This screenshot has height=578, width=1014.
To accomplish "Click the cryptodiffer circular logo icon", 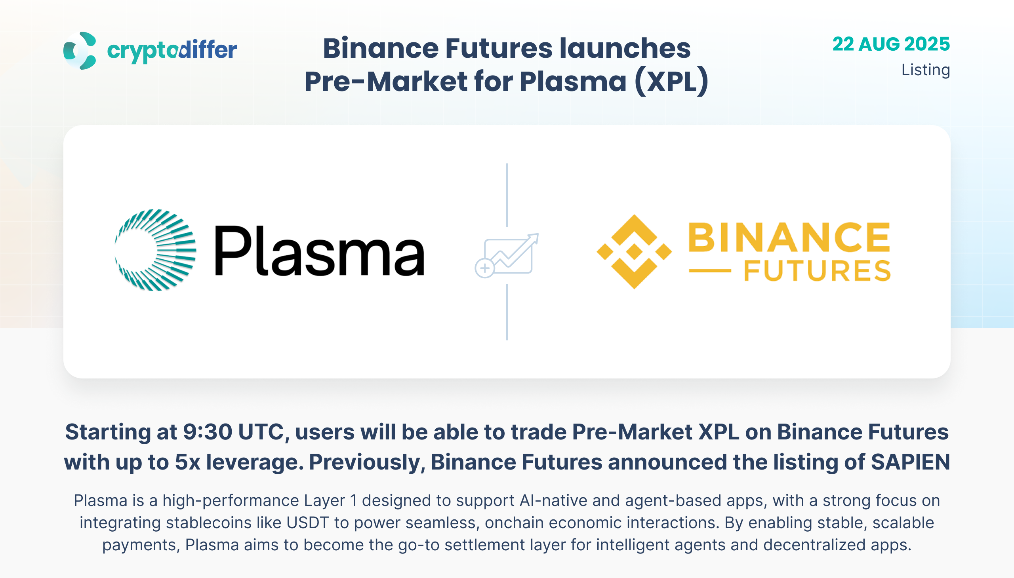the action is tap(80, 50).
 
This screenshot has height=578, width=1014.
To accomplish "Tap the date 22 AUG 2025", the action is tap(891, 44).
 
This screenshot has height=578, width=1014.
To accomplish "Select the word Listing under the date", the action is tap(925, 70).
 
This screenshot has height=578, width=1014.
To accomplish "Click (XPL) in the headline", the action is tap(671, 82).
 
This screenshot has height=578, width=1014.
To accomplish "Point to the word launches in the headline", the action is tap(625, 48).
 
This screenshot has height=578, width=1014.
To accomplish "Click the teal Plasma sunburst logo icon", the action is tap(155, 250).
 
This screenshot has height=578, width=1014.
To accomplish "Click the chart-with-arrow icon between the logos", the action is tap(507, 255).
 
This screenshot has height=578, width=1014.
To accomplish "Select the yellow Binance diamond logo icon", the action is tap(634, 252).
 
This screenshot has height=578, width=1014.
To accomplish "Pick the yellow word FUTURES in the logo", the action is tap(817, 271).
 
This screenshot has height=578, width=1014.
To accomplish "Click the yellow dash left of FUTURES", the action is tap(710, 271).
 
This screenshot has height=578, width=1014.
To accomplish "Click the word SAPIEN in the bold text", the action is tap(910, 462).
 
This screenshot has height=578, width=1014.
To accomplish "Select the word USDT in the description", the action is tap(307, 523).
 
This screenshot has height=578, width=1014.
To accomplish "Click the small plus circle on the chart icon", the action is tap(484, 268).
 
